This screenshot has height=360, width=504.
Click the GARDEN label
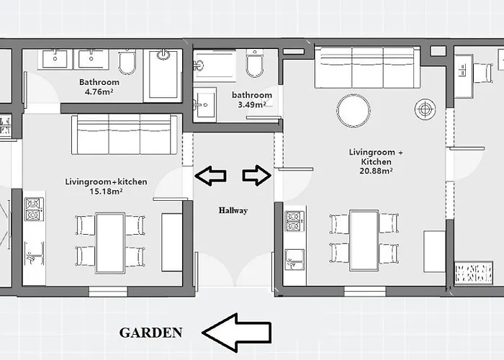(150, 332)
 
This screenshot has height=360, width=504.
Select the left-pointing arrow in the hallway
(211, 175)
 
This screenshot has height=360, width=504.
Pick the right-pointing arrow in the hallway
(256, 175)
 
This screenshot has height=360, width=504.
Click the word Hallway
(233, 210)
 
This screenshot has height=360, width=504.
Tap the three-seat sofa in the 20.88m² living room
(367, 67)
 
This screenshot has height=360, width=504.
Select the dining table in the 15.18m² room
(110, 243)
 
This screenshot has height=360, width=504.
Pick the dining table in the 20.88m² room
(364, 240)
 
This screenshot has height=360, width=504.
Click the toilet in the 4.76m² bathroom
(127, 63)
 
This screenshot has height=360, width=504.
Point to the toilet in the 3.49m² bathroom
(255, 65)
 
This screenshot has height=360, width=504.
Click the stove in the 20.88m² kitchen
(294, 221)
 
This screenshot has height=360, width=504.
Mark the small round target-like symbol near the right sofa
(425, 109)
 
